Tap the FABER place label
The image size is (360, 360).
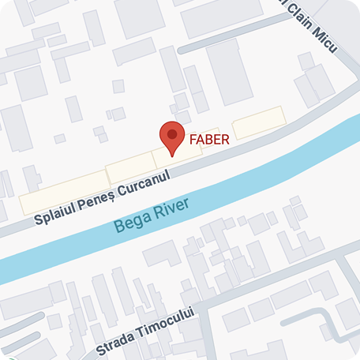point(209,141)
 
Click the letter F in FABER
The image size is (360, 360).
point(193,141)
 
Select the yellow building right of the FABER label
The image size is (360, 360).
point(258,123)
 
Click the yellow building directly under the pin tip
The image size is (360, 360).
point(172,157)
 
